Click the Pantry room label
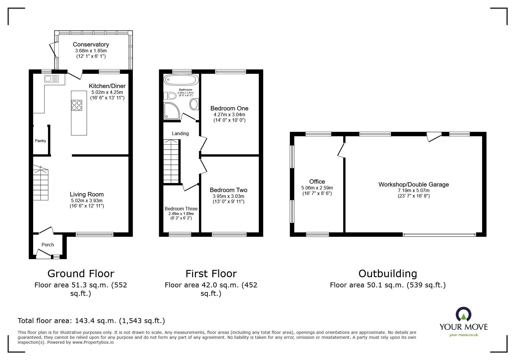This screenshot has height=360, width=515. tap(40, 141)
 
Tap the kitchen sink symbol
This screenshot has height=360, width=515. tap(51, 78)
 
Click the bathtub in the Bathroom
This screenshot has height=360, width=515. tap(181, 80)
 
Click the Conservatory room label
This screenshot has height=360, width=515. tap(91, 44)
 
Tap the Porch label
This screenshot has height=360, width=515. tap(48, 245)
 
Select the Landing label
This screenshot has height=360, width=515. tap(180, 134)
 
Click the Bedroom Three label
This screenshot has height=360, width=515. tap(181, 209)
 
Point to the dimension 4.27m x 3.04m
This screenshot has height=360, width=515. tap(229, 114)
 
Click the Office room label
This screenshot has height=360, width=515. tap(317, 182)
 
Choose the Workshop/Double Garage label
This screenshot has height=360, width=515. tap(414, 185)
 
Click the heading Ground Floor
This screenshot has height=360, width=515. tap(81, 274)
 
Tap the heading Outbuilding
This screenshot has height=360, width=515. tap(388, 274)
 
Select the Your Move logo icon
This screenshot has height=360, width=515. tap(463, 315)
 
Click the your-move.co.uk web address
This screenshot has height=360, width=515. tap(464, 335)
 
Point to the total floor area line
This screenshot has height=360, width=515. tap(91, 321)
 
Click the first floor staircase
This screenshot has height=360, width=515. tap(171, 161)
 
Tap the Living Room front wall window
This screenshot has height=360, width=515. tap(95, 234)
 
